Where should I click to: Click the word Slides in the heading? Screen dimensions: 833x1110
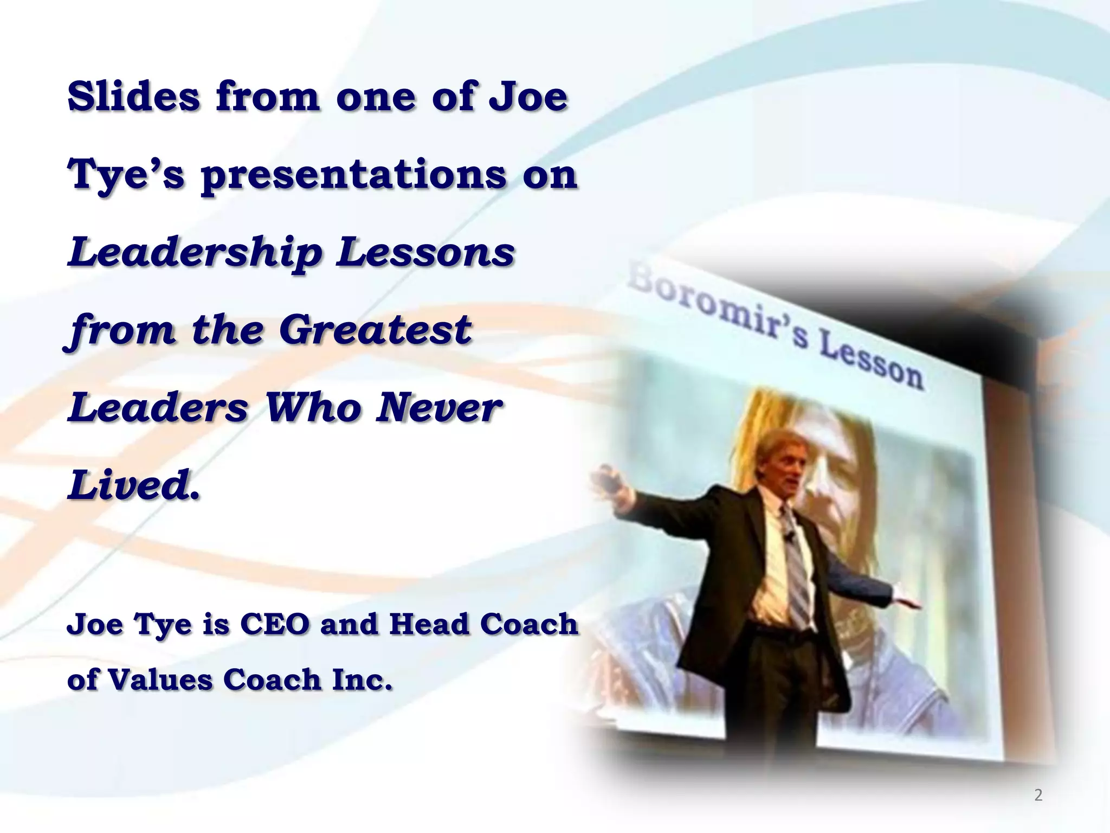133,96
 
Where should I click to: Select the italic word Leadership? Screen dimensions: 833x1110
195,253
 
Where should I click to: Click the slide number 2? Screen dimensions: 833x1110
1038,795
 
